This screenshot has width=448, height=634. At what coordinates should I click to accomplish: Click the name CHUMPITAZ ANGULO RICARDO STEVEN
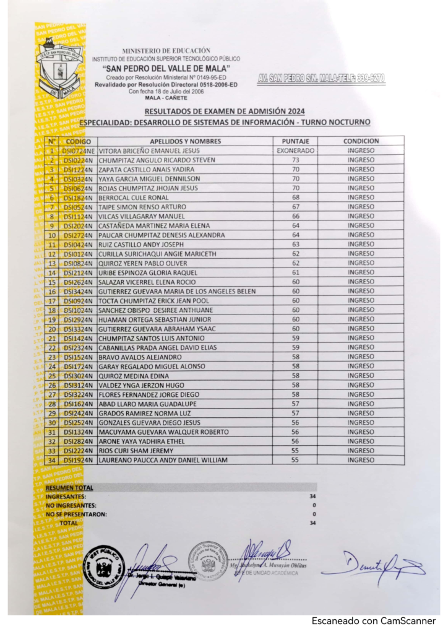(157, 160)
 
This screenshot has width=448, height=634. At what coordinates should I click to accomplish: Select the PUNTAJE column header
(295, 141)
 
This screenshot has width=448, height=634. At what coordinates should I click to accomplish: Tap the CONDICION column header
(361, 141)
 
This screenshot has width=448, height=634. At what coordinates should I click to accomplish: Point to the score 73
(295, 160)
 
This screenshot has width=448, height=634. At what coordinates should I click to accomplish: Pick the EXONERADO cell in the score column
(295, 150)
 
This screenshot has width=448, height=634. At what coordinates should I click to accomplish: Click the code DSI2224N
(77, 451)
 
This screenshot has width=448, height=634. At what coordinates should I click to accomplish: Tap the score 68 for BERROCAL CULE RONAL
(295, 198)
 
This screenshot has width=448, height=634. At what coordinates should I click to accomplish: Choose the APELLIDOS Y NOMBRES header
(185, 141)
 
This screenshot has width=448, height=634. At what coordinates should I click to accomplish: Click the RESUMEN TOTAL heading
(69, 488)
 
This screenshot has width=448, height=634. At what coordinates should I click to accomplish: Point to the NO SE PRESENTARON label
(76, 514)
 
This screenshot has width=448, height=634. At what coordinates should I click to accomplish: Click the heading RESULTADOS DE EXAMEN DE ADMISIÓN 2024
(225, 111)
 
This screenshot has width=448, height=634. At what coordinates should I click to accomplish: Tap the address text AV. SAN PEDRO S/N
(321, 79)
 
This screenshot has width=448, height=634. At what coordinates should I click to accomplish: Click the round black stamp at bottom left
(103, 567)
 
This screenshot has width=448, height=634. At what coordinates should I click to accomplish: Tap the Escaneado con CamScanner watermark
(373, 620)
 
